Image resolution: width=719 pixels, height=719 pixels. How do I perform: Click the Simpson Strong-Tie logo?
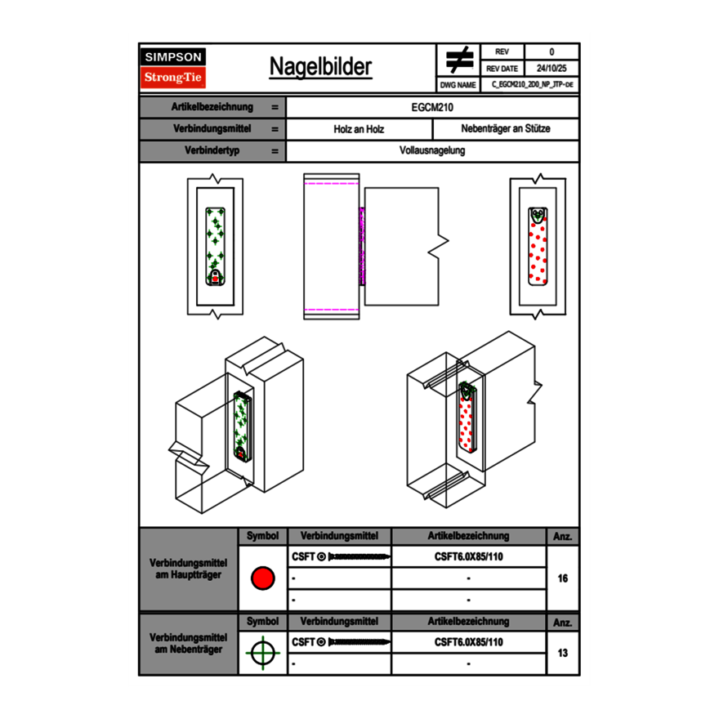tap(174, 68)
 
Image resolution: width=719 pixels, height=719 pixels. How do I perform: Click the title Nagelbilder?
tap(320, 67)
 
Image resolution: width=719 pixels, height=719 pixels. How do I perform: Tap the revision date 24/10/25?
tap(552, 69)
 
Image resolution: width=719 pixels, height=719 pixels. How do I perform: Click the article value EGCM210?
tap(433, 107)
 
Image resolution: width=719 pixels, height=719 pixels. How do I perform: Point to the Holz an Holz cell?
tap(359, 129)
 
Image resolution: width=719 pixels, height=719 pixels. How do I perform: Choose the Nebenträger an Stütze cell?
tap(505, 129)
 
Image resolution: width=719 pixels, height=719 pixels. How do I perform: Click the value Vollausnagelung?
tap(432, 151)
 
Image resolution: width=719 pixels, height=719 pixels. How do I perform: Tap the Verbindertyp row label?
tap(212, 151)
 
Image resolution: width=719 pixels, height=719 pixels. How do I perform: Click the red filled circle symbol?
tap(262, 578)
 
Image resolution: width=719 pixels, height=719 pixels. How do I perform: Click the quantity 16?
tap(562, 578)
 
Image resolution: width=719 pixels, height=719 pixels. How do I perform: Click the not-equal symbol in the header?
tap(459, 60)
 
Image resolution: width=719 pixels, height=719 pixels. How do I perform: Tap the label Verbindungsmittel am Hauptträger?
tap(189, 569)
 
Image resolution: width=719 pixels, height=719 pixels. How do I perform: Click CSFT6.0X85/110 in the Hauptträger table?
tap(468, 556)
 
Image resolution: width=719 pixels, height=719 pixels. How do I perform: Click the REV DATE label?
tap(502, 69)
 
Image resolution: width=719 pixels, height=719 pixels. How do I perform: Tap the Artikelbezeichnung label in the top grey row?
tap(212, 107)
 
